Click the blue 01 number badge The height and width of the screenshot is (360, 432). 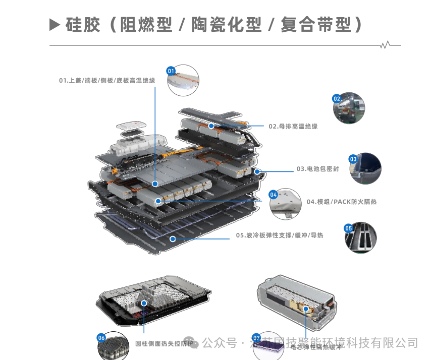[171, 71]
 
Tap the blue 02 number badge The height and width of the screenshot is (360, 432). [337, 99]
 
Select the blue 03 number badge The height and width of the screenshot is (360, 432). [353, 159]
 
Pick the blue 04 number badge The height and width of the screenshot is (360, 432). [274, 194]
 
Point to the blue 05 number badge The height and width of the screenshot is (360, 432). [348, 228]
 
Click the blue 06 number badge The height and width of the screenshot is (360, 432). [101, 337]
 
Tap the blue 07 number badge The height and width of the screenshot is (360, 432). [256, 337]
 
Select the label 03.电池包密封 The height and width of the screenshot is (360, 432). [317, 169]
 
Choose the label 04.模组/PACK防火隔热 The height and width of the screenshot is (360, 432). [342, 202]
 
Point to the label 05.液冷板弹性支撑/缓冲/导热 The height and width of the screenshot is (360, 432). [280, 235]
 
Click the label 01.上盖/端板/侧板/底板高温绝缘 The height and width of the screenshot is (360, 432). [107, 80]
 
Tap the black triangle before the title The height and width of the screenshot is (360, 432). [55, 25]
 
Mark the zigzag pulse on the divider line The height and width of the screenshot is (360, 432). [386, 45]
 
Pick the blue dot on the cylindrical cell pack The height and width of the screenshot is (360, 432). [144, 304]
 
